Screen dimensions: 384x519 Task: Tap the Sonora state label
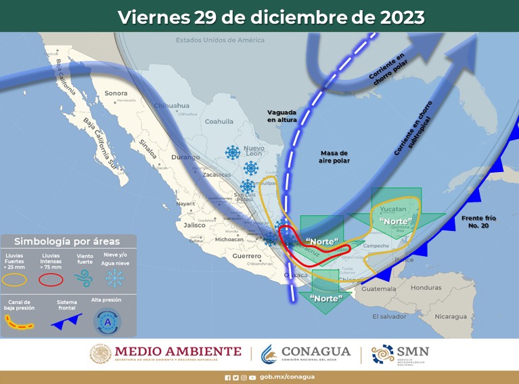116,93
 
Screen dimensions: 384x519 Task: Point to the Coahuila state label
219,122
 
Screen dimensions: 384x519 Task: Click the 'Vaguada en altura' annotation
282,115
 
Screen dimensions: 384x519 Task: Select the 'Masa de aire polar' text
334,157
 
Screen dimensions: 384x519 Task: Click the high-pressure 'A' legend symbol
107,322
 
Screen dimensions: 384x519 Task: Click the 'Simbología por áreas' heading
67,241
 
